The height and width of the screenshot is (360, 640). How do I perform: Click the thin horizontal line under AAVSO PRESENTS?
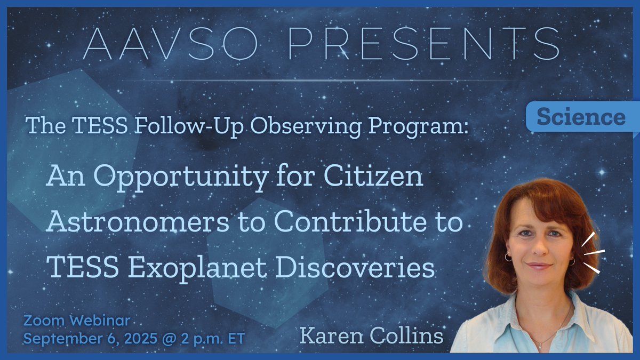tap(320, 80)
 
